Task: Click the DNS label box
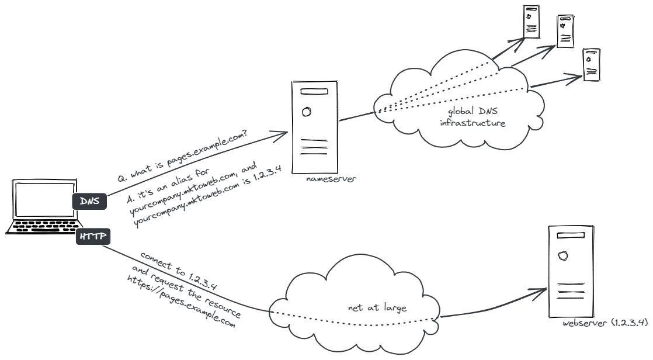90,202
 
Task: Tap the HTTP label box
92,237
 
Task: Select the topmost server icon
532,22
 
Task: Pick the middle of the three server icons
565,30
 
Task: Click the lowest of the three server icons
592,64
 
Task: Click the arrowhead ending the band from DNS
277,135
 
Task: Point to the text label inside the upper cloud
473,117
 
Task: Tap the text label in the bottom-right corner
605,323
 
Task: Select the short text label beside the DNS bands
331,178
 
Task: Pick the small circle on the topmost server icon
529,16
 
